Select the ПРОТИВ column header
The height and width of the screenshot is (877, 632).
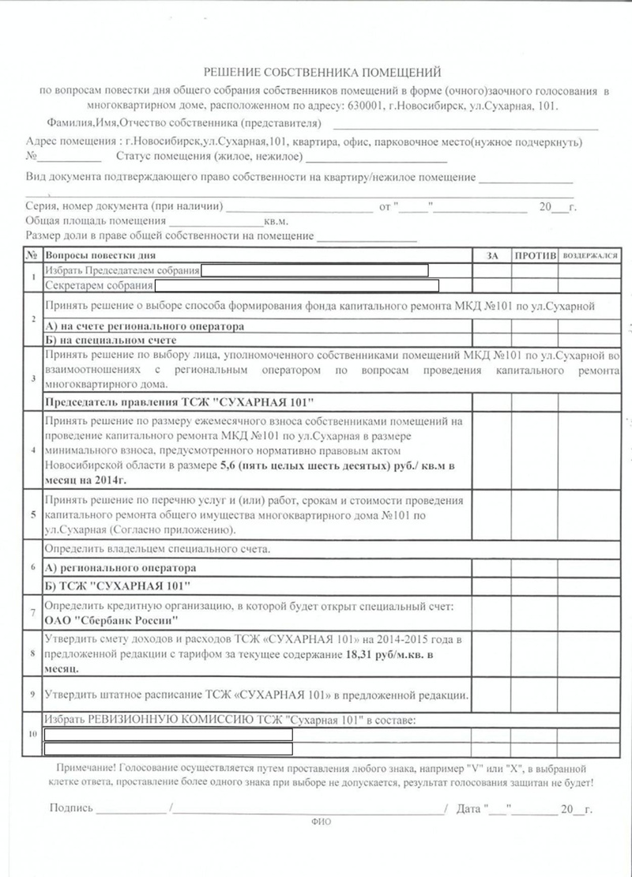tap(535, 256)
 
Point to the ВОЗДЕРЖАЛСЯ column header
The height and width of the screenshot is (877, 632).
tap(589, 256)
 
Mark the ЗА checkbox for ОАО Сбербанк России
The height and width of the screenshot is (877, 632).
tap(491, 612)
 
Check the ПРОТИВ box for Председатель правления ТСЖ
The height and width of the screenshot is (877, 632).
tap(535, 401)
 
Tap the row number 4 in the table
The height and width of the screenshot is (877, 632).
tap(32, 450)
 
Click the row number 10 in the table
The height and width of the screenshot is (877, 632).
tap(32, 734)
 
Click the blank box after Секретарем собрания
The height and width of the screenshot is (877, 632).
tap(295, 285)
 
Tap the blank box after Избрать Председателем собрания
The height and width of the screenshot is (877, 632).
tap(314, 271)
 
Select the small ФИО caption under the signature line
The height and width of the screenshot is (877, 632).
tap(322, 822)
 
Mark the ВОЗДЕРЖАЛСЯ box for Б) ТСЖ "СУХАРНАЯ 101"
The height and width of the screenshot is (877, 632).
tap(589, 585)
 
